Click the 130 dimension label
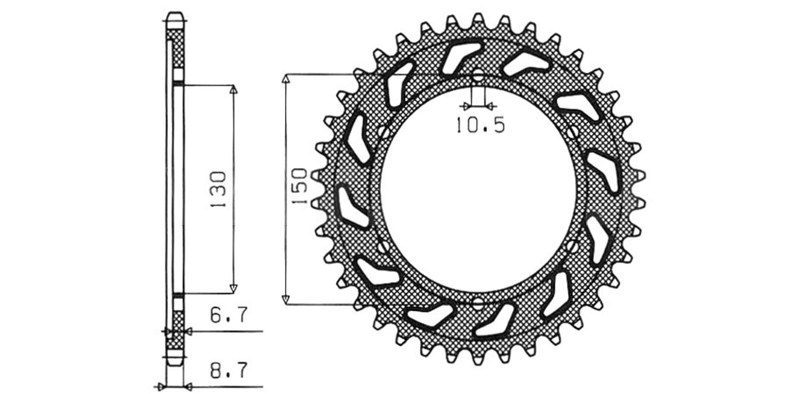218,189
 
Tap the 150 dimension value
300,187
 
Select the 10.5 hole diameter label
480,125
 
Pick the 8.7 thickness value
229,370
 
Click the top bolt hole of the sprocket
478,75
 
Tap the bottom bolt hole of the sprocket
478,303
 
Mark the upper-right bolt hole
573,132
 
